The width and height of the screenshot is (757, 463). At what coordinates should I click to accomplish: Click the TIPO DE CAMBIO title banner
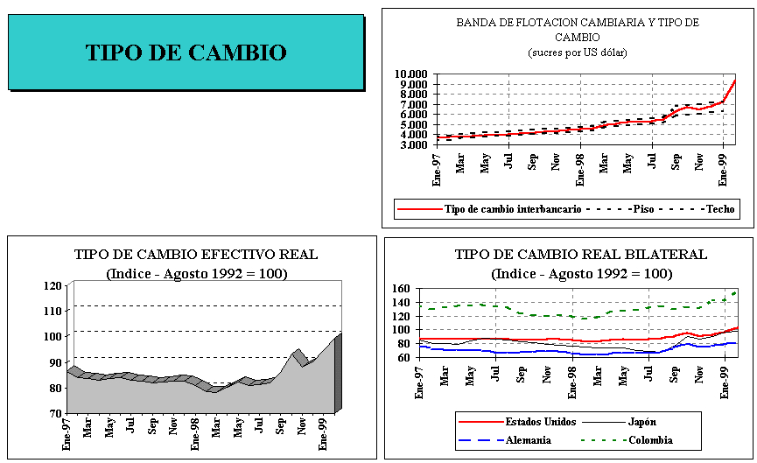click(x=186, y=53)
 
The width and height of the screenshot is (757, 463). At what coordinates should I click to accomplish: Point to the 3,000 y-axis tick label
click(x=413, y=144)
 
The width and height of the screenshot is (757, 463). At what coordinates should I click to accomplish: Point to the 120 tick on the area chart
click(x=53, y=285)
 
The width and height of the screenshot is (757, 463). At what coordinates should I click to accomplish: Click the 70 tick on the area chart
click(x=56, y=412)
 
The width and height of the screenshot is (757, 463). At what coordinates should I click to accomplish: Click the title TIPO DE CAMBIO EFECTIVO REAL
click(x=196, y=255)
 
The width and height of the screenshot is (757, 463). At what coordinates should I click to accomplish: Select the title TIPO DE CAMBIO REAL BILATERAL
click(x=568, y=255)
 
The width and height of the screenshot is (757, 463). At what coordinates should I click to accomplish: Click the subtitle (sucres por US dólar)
click(x=578, y=52)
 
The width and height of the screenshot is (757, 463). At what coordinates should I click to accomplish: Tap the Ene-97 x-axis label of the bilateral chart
click(x=422, y=382)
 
